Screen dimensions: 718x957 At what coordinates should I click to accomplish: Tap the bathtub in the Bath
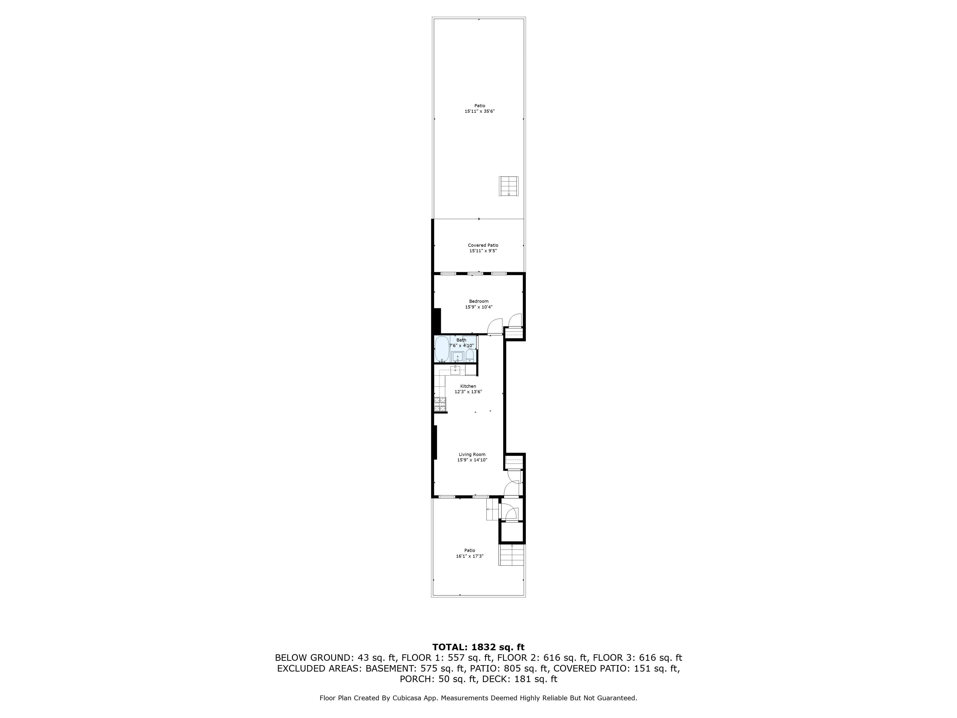[442, 349]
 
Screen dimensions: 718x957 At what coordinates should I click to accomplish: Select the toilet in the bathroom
[470, 356]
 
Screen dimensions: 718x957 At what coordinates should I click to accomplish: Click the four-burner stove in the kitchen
[440, 404]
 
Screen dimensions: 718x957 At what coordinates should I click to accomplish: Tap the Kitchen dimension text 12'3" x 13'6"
[468, 392]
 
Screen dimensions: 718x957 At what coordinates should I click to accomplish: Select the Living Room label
[472, 454]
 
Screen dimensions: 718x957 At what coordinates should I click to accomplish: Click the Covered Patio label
[483, 245]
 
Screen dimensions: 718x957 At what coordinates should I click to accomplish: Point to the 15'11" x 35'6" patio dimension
[479, 111]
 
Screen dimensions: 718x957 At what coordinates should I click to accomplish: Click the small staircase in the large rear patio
[509, 186]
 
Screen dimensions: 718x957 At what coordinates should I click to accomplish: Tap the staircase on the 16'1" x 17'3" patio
[512, 555]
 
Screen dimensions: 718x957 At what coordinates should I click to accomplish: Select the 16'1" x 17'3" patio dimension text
[469, 556]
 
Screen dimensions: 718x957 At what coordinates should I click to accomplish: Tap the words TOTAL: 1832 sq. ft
[478, 647]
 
